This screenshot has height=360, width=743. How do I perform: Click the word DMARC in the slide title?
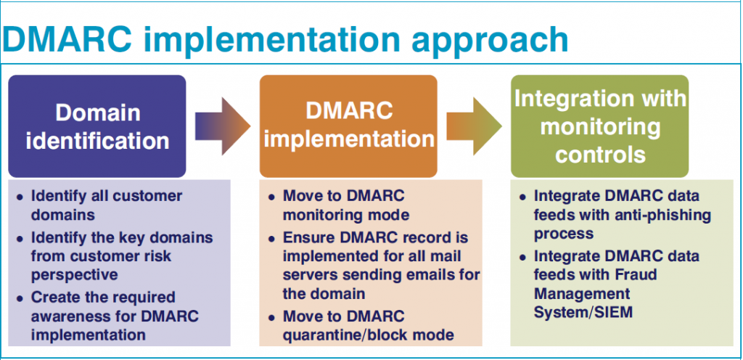[x=67, y=39]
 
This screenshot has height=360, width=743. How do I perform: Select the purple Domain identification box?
[x=97, y=126]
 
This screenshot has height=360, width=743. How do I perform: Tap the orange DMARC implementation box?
[x=348, y=126]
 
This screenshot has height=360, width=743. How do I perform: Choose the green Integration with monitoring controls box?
[x=599, y=126]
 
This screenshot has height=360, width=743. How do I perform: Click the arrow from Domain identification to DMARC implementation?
[x=223, y=126]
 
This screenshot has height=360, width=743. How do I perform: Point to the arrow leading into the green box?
[x=474, y=126]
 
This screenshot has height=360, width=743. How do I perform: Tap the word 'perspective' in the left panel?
[x=75, y=275]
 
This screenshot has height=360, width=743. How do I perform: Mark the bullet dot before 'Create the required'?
[x=20, y=299]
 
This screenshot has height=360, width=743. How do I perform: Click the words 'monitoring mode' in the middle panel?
[x=346, y=215]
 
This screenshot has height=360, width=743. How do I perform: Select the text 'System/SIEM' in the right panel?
[x=583, y=312]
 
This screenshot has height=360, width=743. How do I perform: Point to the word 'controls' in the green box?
[x=600, y=155]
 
